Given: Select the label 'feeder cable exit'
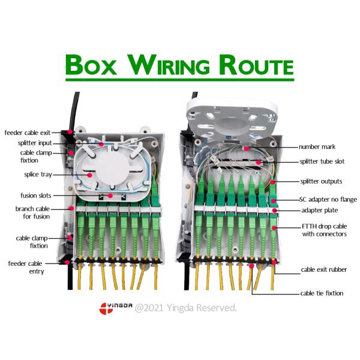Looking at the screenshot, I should point(31,132).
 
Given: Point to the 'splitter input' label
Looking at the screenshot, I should point(35,143).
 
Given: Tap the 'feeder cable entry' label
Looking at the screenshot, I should point(26,267).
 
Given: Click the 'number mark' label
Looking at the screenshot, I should point(319,147).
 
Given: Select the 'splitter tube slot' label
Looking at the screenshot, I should point(322,162).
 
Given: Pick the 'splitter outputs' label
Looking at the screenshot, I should point(321,181).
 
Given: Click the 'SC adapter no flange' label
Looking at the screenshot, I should point(328,199).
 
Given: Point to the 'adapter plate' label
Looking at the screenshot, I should point(319,211).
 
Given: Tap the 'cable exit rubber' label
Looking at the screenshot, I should point(324,270).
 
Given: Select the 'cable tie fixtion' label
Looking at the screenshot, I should point(322,293).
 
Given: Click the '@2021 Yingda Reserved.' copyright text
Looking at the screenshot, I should point(186,308).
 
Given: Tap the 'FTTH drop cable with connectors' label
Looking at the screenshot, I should point(323,230).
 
